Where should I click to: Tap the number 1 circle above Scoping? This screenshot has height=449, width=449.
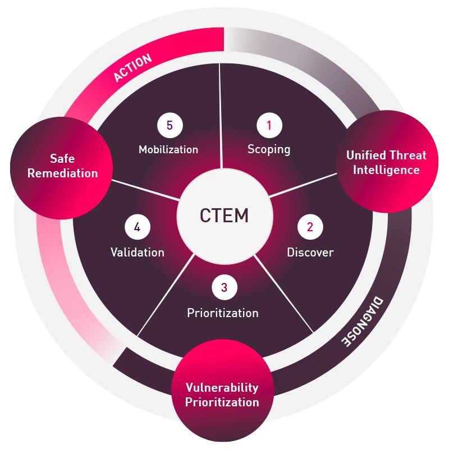coord(269,126)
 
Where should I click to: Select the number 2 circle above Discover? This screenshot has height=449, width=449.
coord(310,227)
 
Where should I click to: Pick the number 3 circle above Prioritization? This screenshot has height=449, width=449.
coord(224,288)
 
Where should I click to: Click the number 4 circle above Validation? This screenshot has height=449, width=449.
coord(137,227)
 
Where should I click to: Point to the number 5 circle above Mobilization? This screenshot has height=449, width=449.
coord(169,126)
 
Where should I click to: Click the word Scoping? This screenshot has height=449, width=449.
coord(269,149)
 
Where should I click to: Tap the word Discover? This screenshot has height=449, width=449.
coord(310,253)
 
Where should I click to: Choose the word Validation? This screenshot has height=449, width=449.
coord(138,253)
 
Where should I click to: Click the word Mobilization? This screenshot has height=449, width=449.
coord(168,149)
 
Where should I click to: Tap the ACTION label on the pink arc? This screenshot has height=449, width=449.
coord(132,68)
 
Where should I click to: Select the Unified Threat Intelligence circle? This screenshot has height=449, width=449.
coord(387,162)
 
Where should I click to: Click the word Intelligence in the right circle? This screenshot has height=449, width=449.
coord(386,169)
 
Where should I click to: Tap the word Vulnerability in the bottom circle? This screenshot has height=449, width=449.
coord(222,387)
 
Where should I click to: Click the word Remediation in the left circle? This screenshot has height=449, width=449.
coord(62,173)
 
